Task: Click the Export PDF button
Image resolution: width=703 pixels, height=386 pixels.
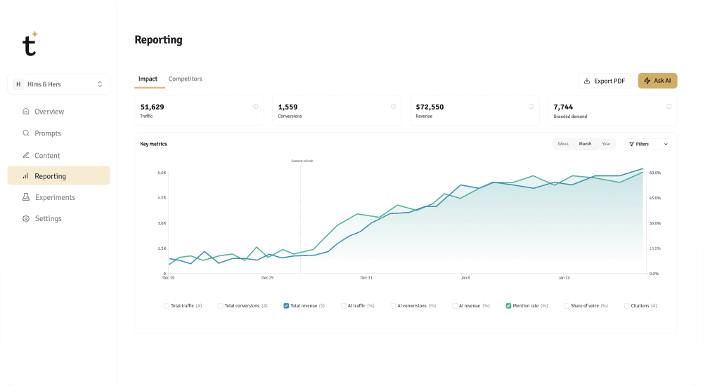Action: click(x=605, y=81)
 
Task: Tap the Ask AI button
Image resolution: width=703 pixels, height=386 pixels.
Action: click(x=657, y=81)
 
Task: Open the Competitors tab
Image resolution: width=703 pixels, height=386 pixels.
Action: click(x=185, y=79)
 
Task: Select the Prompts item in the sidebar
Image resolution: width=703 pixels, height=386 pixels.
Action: click(x=48, y=133)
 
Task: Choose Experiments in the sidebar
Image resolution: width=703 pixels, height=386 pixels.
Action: click(x=55, y=197)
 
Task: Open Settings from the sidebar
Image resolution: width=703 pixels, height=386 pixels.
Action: click(x=48, y=218)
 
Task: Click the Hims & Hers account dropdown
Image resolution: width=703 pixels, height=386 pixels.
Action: click(x=58, y=84)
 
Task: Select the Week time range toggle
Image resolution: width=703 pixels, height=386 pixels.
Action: click(x=563, y=144)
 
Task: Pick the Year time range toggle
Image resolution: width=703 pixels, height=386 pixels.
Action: click(x=605, y=144)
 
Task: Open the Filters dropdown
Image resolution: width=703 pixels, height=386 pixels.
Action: click(x=647, y=144)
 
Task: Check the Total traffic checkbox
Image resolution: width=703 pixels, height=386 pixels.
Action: click(x=167, y=306)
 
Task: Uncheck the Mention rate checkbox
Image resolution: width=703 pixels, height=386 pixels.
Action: click(x=508, y=306)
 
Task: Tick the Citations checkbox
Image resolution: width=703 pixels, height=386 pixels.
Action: click(x=626, y=306)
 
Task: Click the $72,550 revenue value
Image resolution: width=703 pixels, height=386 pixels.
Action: click(x=430, y=107)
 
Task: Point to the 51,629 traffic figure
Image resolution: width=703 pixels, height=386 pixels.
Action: click(x=152, y=107)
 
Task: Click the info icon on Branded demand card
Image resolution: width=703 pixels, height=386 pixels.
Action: click(x=669, y=107)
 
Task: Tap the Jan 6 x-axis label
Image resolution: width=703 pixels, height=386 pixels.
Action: click(x=465, y=278)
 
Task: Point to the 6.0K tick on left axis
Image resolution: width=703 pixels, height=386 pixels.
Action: click(x=161, y=173)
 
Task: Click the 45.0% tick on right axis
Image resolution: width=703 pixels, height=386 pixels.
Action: click(x=654, y=198)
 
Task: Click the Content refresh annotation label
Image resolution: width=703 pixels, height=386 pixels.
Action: click(x=302, y=161)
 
